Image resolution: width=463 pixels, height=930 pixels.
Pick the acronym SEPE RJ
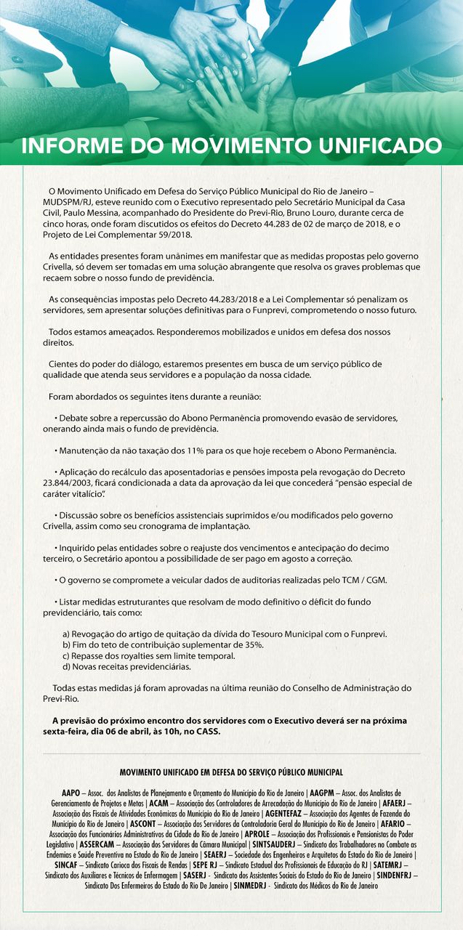tap(204, 865)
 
